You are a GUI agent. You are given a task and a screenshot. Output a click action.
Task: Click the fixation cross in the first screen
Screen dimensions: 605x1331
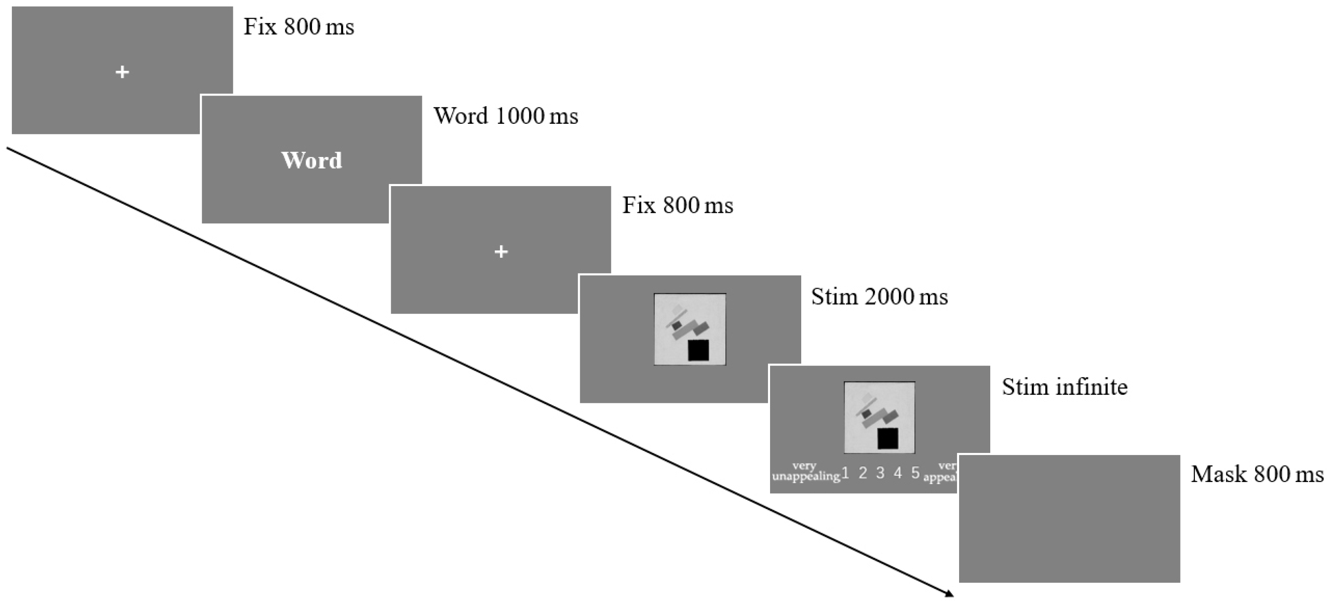coord(122,72)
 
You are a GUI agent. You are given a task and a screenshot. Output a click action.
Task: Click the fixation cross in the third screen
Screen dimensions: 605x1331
coord(501,252)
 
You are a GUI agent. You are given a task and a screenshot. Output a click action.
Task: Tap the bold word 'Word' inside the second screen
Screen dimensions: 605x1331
coord(312,160)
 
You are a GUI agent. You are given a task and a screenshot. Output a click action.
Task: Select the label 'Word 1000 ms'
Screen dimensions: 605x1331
coord(505,116)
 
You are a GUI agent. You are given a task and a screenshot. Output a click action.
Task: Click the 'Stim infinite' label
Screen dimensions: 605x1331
coord(1064,387)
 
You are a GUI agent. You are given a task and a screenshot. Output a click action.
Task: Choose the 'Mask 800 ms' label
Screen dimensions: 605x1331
coord(1257,474)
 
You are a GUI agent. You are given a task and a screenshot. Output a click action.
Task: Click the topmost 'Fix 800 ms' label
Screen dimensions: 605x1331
coord(299,27)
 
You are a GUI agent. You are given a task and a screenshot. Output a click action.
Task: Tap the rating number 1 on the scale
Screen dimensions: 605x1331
coord(846,473)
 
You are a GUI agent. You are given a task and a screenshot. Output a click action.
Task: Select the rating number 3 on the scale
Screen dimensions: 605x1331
coord(880,473)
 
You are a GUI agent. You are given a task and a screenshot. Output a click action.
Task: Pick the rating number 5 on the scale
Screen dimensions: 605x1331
coord(916,473)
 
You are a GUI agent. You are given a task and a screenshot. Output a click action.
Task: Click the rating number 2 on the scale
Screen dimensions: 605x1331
coord(863,473)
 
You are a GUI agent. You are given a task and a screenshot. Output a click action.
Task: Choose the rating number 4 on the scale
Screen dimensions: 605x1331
coord(898,473)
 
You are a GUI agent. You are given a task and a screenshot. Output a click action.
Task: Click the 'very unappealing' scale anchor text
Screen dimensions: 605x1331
coord(805,472)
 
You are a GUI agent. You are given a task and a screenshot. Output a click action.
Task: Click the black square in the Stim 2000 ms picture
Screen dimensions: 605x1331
coord(698,350)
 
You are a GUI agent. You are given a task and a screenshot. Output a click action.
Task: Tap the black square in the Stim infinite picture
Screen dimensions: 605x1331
coord(888,438)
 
